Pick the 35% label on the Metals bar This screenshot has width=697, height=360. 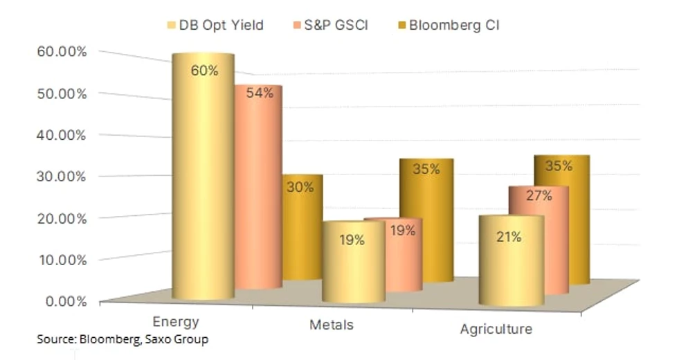426,169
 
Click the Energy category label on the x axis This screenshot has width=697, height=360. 176,322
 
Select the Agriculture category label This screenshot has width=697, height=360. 496,329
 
